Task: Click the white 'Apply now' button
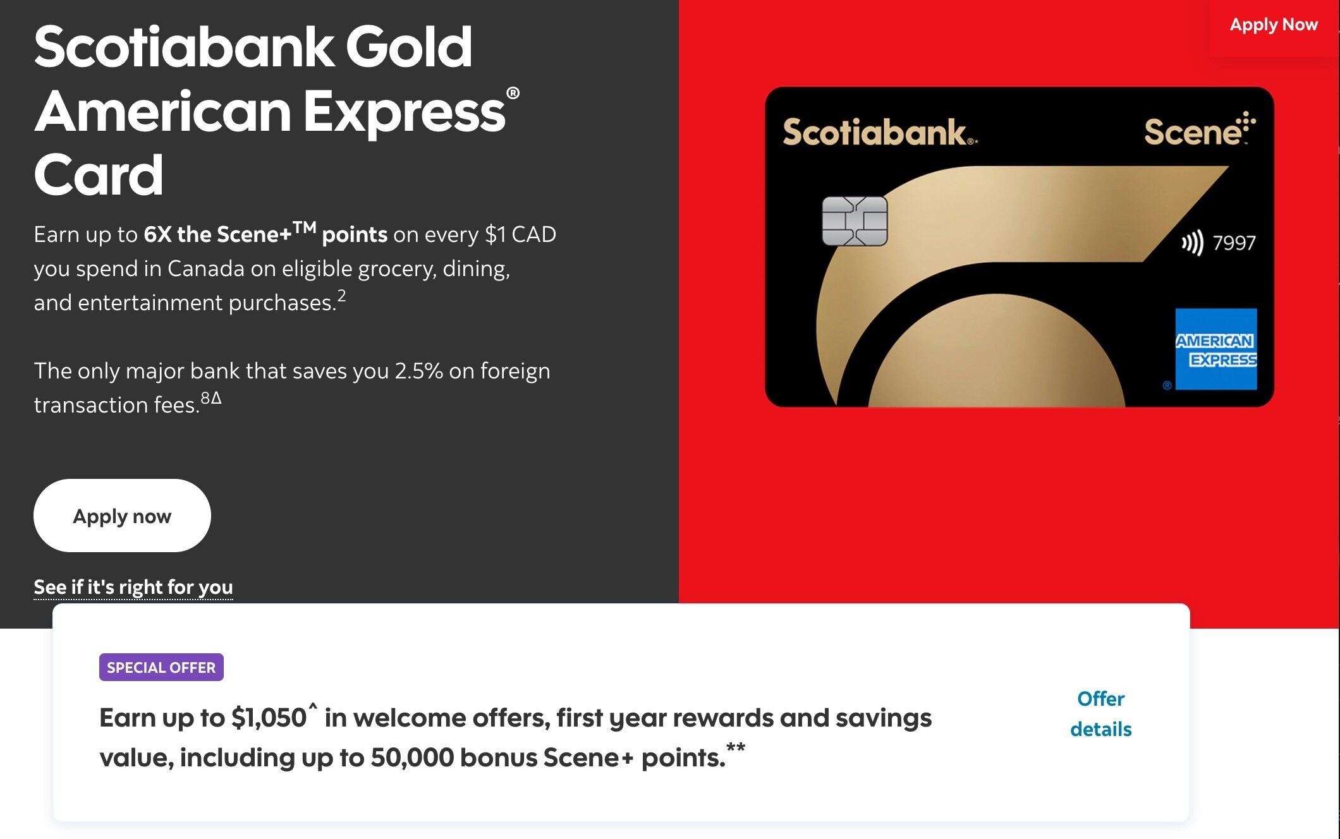click(x=122, y=516)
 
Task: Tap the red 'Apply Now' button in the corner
click(x=1274, y=26)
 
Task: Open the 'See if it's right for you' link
click(x=133, y=588)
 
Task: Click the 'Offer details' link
click(x=1100, y=714)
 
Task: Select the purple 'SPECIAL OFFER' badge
click(x=161, y=667)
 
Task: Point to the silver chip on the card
click(x=855, y=221)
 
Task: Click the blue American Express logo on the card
click(x=1216, y=349)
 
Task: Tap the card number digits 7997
click(x=1234, y=243)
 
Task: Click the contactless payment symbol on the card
click(x=1193, y=243)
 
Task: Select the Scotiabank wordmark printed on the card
click(x=879, y=133)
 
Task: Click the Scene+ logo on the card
click(x=1200, y=130)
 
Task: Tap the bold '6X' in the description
click(x=157, y=234)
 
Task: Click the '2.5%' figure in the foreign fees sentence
click(x=418, y=371)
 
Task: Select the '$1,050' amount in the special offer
click(x=269, y=718)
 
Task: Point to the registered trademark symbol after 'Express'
click(x=513, y=94)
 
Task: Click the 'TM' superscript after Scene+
click(x=304, y=227)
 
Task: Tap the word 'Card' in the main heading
click(x=99, y=175)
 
